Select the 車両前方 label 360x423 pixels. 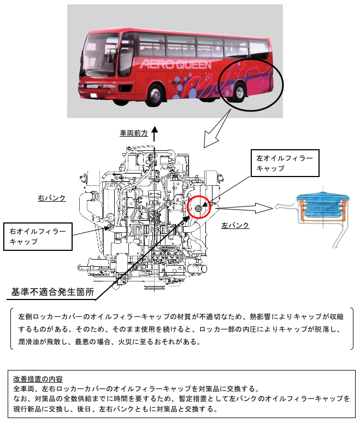[134, 133]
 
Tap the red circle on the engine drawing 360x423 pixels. [198, 207]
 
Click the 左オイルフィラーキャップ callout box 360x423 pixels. [284, 163]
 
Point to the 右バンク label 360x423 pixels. [52, 198]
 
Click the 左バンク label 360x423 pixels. [235, 225]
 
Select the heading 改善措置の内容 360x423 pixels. [38, 379]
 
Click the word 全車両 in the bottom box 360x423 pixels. [23, 389]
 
